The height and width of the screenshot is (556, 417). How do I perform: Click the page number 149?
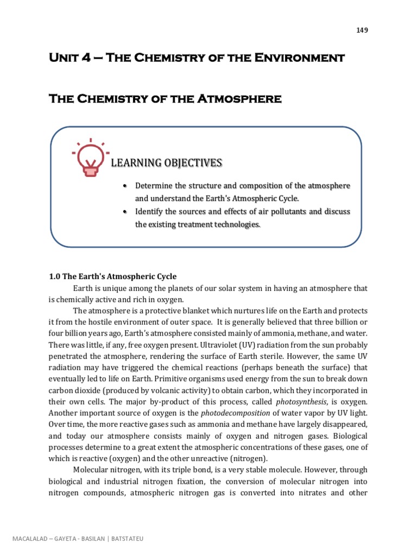coord(362,30)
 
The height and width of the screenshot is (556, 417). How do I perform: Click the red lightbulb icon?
coord(90,158)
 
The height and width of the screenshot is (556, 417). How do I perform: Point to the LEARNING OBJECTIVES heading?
coord(166,163)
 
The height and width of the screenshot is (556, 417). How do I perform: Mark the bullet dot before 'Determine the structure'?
coord(125,186)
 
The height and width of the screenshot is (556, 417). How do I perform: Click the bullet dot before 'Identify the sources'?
coord(125,212)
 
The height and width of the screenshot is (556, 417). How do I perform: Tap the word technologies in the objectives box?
coord(235,224)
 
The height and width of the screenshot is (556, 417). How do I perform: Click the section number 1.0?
coord(55,276)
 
